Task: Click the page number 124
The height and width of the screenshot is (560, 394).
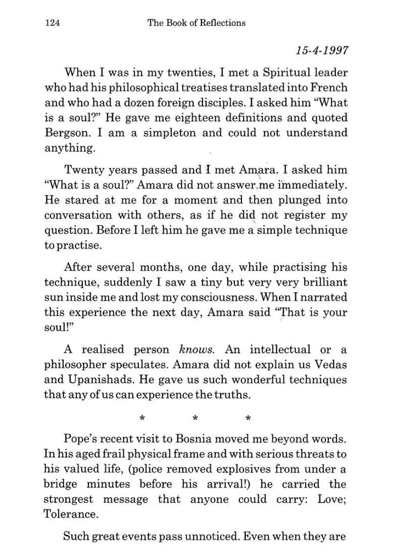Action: point(53,23)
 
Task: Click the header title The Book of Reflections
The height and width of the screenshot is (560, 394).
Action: point(196,23)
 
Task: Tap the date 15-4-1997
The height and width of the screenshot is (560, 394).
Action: point(322,51)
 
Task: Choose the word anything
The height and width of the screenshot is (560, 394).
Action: point(70,149)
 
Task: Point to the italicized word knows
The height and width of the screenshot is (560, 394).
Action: point(197,350)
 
